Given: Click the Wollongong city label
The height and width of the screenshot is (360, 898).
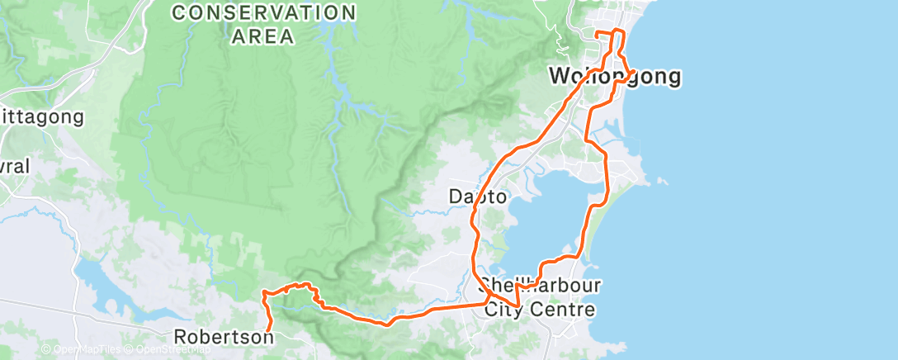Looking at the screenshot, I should [616, 78].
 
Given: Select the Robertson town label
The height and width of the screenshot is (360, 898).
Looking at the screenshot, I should [224, 337].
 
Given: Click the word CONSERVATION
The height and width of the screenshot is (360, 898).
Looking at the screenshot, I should [263, 13].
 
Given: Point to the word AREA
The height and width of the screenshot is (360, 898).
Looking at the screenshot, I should [263, 36].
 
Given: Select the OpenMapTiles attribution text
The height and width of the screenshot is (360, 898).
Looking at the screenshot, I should [86, 349].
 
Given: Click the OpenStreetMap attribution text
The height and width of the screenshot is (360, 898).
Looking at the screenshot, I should [174, 349].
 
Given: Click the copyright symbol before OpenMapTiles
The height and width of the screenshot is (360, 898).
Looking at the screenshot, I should [46, 349].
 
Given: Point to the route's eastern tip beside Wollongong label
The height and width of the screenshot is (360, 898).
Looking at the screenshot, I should [633, 72].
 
